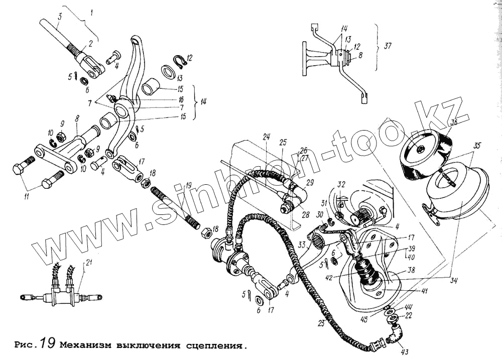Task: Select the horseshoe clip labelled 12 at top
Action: coord(180,61)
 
